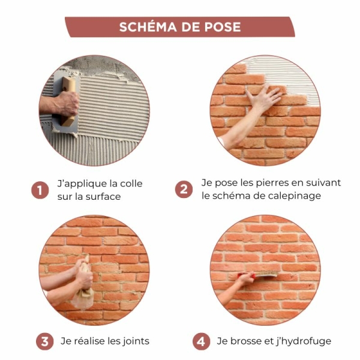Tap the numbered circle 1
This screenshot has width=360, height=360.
coord(40,191)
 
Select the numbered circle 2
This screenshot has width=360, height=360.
coord(184,190)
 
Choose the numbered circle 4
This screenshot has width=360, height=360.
coord(201,341)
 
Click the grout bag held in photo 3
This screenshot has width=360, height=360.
coord(85,288)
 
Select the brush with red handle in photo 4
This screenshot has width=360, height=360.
coord(264,277)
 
